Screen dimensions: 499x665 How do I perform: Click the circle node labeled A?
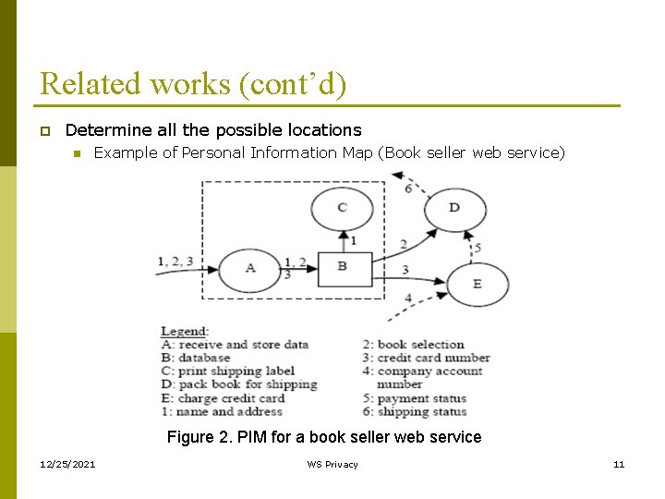click(249, 269)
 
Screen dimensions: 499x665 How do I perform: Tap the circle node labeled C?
click(342, 208)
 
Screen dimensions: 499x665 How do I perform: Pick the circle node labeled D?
click(453, 208)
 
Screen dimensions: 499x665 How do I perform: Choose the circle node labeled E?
click(477, 284)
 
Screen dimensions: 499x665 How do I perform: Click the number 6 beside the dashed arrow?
click(409, 189)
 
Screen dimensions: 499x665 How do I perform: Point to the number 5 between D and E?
click(478, 247)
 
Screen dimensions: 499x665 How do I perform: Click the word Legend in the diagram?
click(185, 331)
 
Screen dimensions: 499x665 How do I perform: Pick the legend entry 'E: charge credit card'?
click(223, 398)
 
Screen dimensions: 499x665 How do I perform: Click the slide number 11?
click(619, 464)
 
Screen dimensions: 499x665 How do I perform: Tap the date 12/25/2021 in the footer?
click(66, 464)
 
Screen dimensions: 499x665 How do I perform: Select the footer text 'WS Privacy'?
click(332, 464)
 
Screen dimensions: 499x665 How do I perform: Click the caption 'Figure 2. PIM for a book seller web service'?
click(324, 437)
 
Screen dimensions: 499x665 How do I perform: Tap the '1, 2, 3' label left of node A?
click(175, 262)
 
